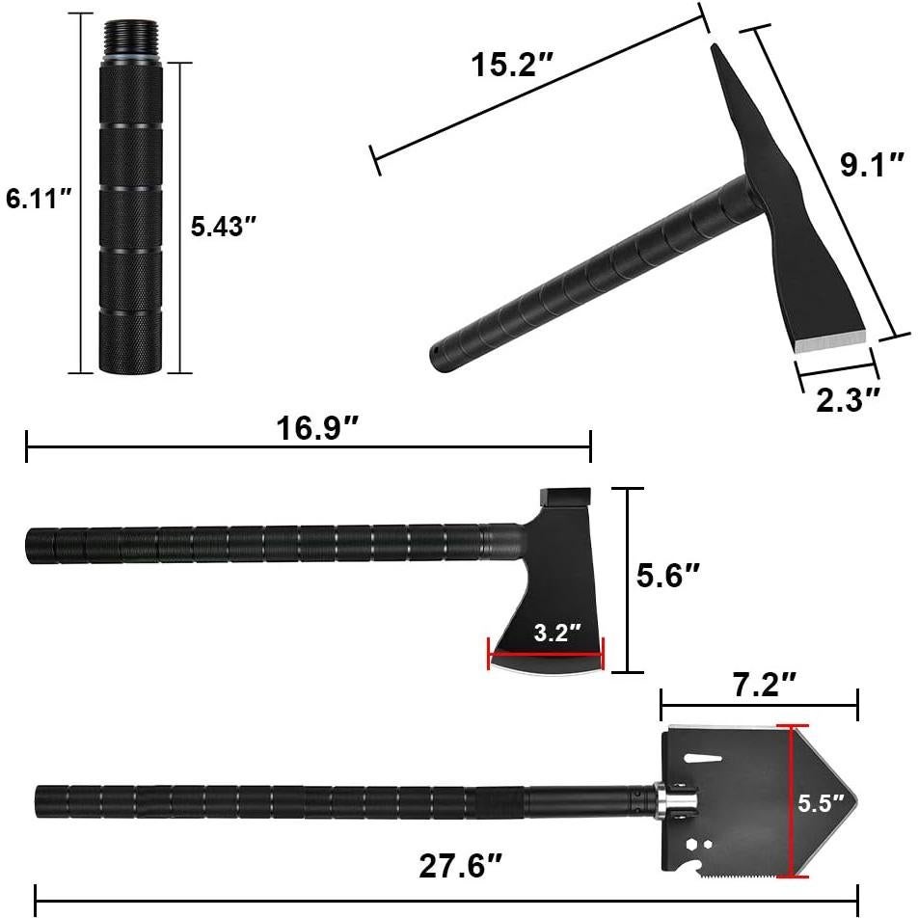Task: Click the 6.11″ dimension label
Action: [40, 200]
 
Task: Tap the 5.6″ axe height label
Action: [668, 576]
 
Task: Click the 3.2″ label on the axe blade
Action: [557, 633]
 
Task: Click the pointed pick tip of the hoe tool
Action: [715, 48]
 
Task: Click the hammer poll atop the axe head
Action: [564, 497]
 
